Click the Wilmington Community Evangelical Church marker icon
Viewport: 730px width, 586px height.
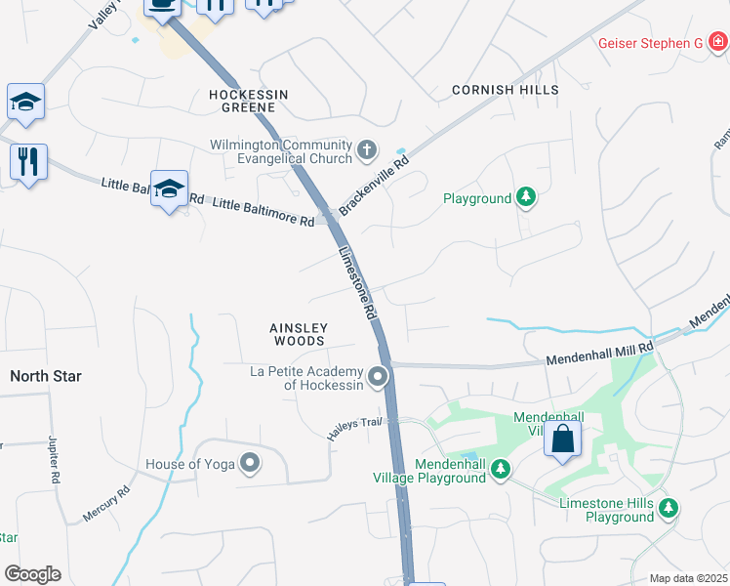click(367, 150)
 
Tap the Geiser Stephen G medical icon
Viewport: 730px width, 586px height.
click(718, 42)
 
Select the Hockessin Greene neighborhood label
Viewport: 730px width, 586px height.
click(249, 101)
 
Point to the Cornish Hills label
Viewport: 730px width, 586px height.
click(506, 90)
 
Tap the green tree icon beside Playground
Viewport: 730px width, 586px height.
click(526, 198)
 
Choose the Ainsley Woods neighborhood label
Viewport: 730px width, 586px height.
click(298, 334)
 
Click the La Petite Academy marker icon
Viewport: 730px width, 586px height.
click(378, 376)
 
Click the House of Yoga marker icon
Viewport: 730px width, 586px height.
click(251, 464)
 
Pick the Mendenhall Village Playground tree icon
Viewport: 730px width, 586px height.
click(501, 471)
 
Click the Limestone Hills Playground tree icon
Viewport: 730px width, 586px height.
click(669, 509)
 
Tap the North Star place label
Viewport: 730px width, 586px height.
click(46, 376)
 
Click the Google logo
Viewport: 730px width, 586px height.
click(32, 574)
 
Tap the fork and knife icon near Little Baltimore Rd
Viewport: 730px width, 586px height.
click(28, 161)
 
